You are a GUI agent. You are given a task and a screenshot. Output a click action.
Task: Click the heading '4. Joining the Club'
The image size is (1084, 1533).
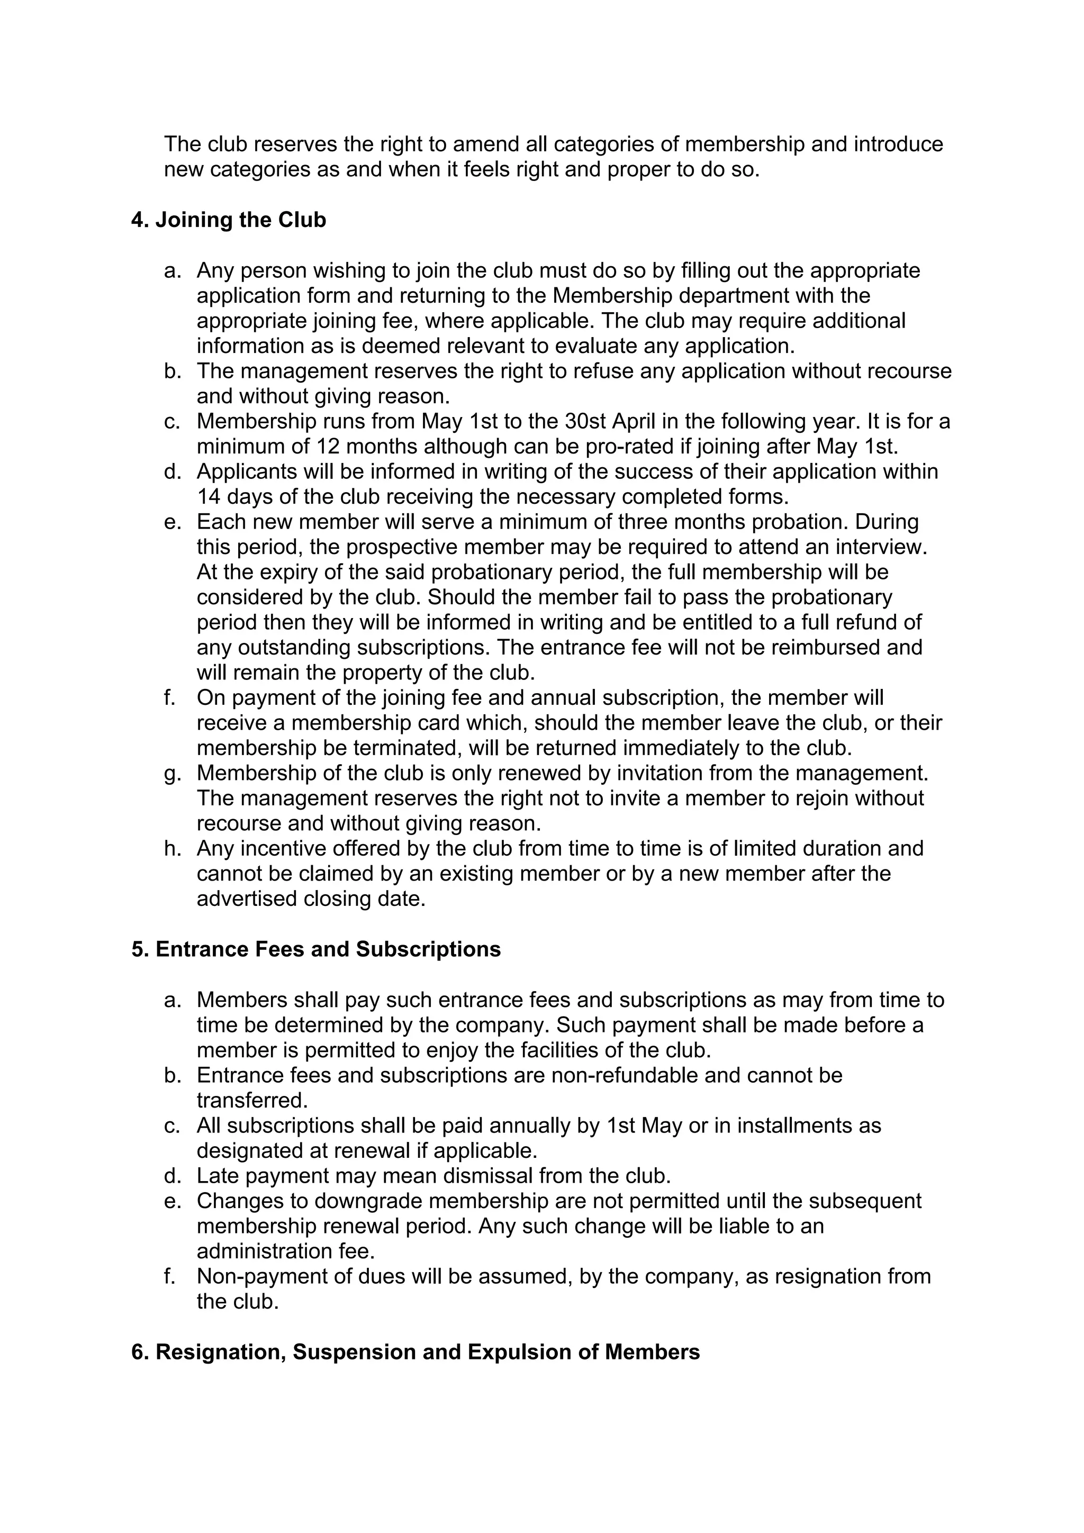(229, 220)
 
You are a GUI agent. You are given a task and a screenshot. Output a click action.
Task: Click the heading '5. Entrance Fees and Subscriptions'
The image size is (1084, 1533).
(316, 949)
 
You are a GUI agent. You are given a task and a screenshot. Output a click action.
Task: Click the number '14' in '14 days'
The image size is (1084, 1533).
(210, 497)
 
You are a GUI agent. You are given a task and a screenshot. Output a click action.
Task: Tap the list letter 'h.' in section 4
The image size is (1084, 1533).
(173, 849)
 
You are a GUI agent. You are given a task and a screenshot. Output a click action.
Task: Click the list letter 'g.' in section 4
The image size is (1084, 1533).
(173, 773)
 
